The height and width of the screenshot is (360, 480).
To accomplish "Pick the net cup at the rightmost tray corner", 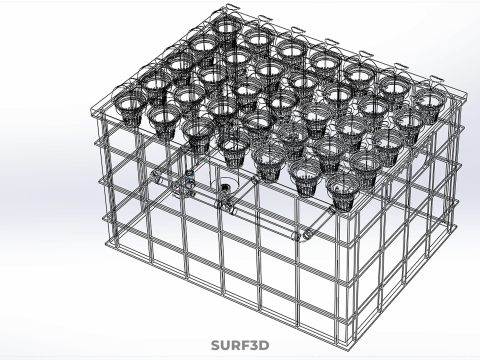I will click(x=430, y=100).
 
